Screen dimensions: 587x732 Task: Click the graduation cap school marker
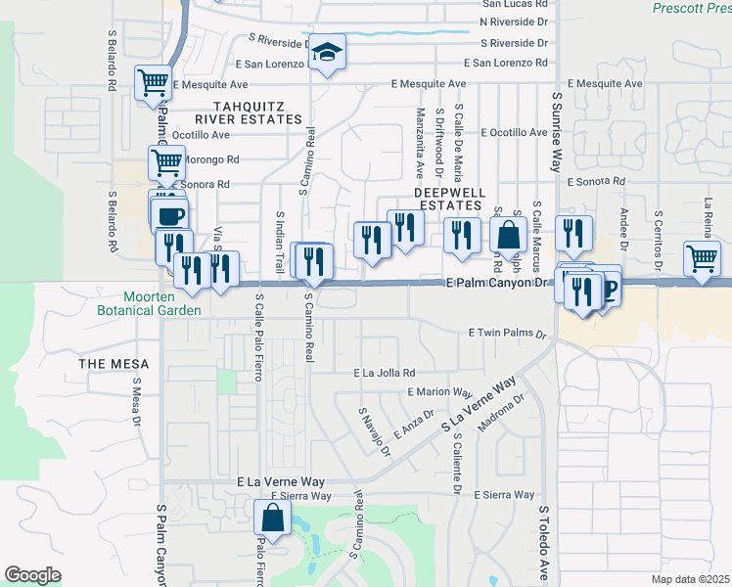click(x=328, y=55)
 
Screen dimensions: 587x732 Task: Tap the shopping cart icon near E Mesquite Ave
click(x=154, y=84)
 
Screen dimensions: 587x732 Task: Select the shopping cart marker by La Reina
click(x=703, y=260)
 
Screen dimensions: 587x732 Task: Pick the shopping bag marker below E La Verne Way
click(x=274, y=519)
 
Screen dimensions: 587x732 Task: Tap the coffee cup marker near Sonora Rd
click(x=170, y=214)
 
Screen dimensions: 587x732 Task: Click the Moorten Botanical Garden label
click(x=162, y=303)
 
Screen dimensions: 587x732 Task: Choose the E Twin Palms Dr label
click(x=507, y=334)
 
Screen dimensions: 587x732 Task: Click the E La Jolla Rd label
click(x=385, y=373)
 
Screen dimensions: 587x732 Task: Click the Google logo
click(x=33, y=575)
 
